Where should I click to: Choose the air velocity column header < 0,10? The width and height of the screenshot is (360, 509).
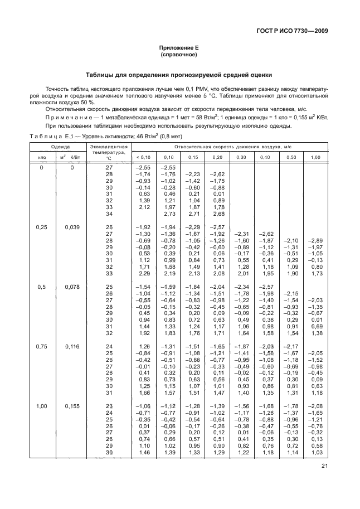pyautogui.click(x=143, y=157)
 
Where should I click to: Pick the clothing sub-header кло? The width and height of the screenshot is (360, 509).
pyautogui.click(x=42, y=157)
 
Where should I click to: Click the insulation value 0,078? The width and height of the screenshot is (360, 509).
pyautogui.click(x=72, y=287)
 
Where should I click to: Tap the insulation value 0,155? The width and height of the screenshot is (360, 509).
pyautogui.click(x=72, y=406)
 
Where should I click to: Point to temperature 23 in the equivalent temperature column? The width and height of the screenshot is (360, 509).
pyautogui.click(x=109, y=406)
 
